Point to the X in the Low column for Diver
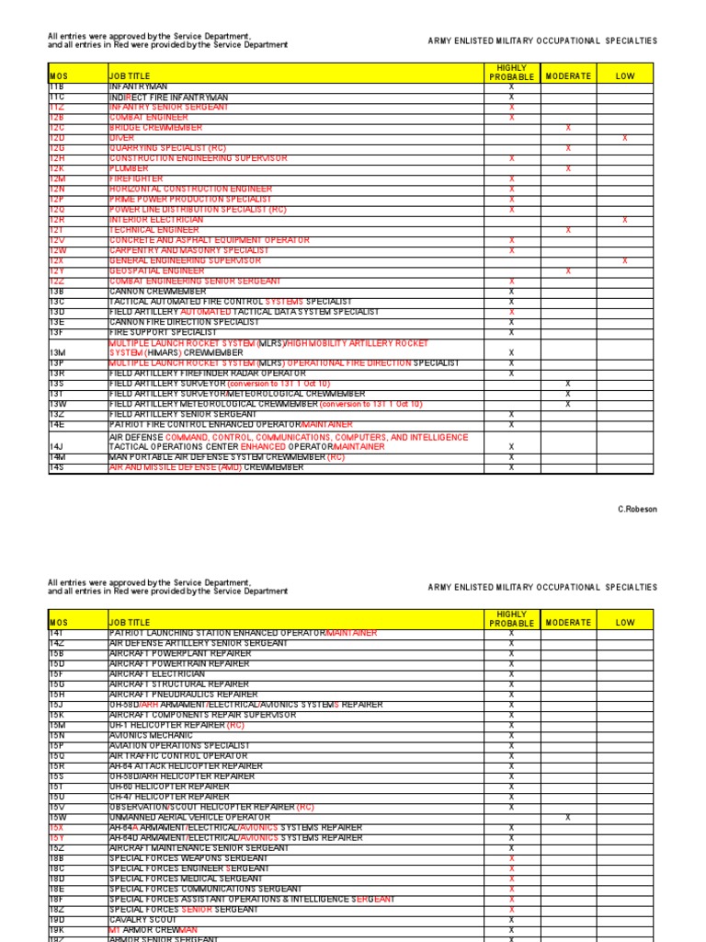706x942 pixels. coord(625,138)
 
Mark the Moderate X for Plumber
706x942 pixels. coord(568,169)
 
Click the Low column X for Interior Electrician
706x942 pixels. coord(625,220)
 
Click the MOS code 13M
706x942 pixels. coord(57,353)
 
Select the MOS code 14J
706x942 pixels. coord(57,447)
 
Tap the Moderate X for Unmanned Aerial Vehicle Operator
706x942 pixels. coord(568,818)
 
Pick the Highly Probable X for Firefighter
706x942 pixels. coord(512,179)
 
